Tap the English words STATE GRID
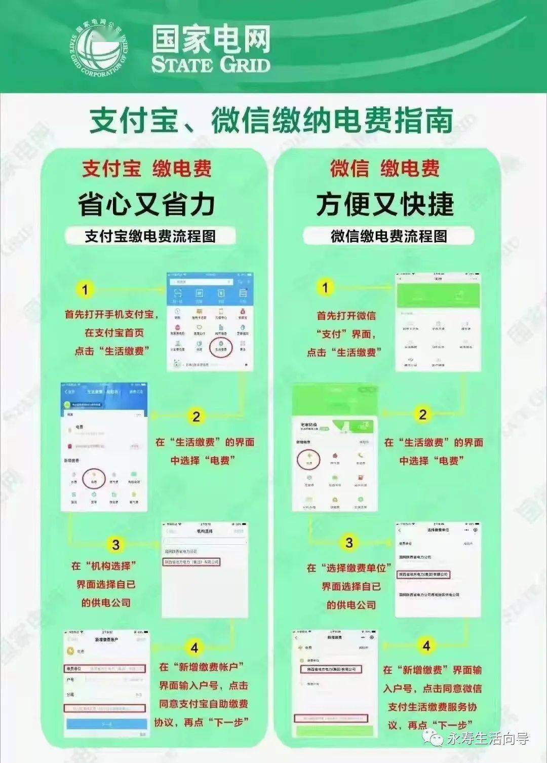coord(210,65)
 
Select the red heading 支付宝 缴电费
coord(147,169)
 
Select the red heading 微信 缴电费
coord(385,169)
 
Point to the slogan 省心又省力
coord(147,204)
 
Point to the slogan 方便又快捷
coord(385,204)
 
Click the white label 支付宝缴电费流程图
coord(150,236)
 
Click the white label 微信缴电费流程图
coord(388,236)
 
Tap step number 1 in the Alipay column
coord(85,290)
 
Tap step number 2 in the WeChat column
coord(422,414)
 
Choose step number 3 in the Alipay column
coord(115,545)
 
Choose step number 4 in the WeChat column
coord(426,645)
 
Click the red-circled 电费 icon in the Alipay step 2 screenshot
coord(94,478)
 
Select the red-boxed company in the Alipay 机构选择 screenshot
coord(191,562)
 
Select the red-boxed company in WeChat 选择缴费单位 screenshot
coord(424,575)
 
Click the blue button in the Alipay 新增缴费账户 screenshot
coord(107,724)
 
